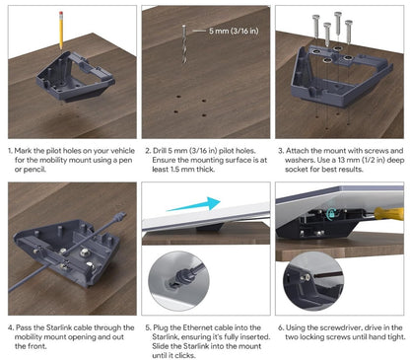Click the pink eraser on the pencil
click(x=61, y=13)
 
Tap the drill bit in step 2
click(x=184, y=44)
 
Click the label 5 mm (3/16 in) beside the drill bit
click(x=234, y=31)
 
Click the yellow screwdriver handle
click(x=389, y=213)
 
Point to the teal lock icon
click(x=331, y=214)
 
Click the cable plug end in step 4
click(x=119, y=217)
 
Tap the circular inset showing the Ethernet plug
click(x=178, y=280)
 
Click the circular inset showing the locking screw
click(x=313, y=281)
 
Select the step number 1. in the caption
click(x=10, y=151)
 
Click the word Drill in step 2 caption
click(x=160, y=151)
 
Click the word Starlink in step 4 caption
click(x=59, y=327)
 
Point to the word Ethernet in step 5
click(x=196, y=327)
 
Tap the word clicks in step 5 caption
click(x=185, y=355)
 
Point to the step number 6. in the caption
click(x=281, y=327)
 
